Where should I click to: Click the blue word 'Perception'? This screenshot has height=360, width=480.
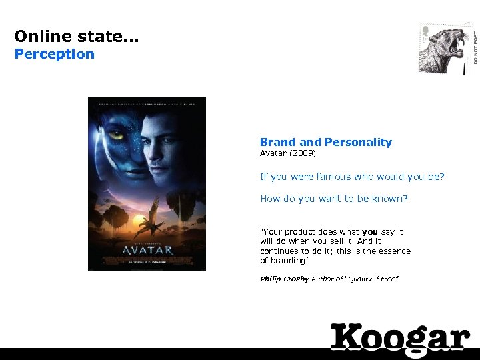(x=55, y=54)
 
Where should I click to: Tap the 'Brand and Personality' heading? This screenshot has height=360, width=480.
(x=326, y=142)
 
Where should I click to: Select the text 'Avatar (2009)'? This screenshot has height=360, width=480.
(x=287, y=153)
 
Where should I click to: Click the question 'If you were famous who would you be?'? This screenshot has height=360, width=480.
(x=352, y=177)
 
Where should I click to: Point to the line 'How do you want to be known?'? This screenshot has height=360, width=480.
(x=333, y=199)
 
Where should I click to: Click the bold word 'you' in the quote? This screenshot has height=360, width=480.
(x=370, y=232)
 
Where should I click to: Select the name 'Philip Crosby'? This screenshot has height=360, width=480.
(x=284, y=279)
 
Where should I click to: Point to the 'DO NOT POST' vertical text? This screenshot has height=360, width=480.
(x=475, y=47)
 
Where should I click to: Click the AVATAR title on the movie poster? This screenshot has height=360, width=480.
(x=147, y=250)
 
